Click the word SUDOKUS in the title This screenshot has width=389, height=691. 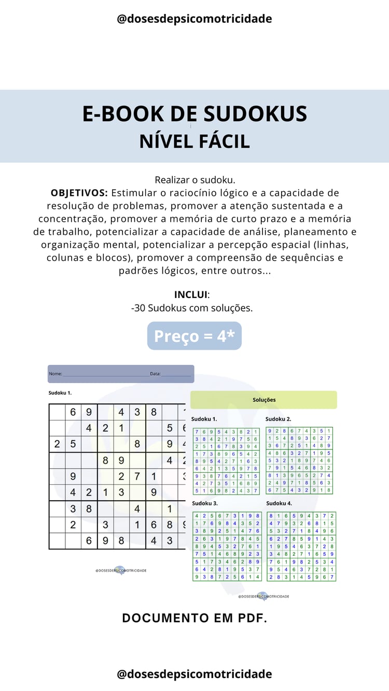point(251,114)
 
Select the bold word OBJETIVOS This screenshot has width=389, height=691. point(79,193)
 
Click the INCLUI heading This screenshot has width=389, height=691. point(191,294)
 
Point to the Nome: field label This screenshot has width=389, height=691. point(55,373)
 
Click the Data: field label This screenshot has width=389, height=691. point(155,373)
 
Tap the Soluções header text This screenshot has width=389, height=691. point(264,400)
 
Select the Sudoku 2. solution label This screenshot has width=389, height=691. point(278,419)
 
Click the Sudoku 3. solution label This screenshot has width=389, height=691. point(204,503)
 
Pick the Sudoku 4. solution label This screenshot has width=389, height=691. point(279,503)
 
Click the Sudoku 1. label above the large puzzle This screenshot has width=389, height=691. point(60,393)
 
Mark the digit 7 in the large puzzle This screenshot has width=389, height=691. point(137,477)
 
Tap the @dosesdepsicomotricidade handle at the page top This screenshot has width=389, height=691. point(195,19)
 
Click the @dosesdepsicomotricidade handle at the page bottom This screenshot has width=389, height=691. point(195,674)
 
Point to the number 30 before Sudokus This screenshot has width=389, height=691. point(140,308)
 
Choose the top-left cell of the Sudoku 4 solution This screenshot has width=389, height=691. point(271,516)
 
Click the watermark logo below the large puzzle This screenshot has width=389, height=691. point(120,570)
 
